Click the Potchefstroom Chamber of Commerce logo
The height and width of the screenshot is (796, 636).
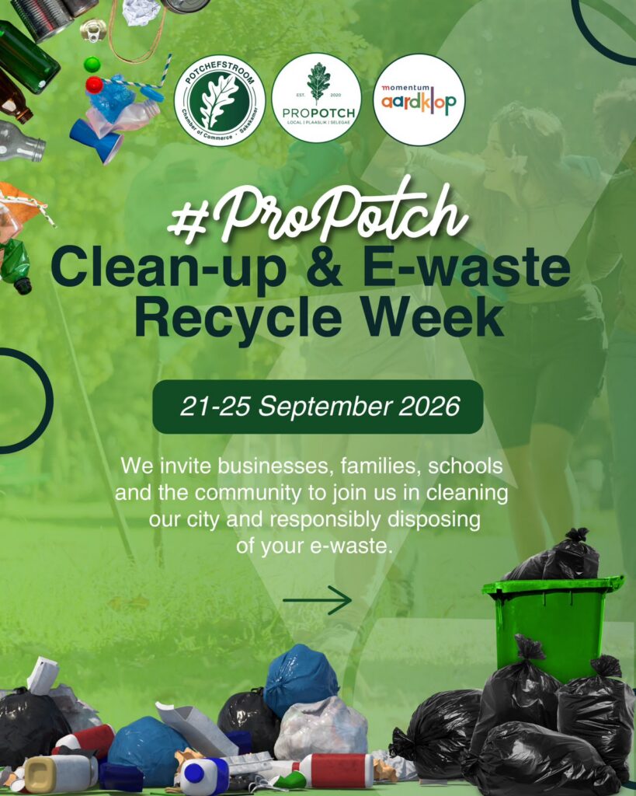pyautogui.click(x=220, y=100)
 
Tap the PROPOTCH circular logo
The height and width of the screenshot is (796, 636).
pyautogui.click(x=317, y=98)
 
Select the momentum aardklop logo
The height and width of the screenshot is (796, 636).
pyautogui.click(x=419, y=99)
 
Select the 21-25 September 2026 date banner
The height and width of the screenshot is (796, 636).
pyautogui.click(x=318, y=407)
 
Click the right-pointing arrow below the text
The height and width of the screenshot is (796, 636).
pyautogui.click(x=318, y=600)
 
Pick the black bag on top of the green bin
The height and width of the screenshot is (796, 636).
pyautogui.click(x=555, y=557)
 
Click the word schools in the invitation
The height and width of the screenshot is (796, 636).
pyautogui.click(x=466, y=466)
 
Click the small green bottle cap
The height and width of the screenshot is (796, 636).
pyautogui.click(x=92, y=65)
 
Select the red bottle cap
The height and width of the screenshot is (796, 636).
pyautogui.click(x=94, y=85)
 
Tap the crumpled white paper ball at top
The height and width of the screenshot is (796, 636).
pyautogui.click(x=141, y=12)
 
